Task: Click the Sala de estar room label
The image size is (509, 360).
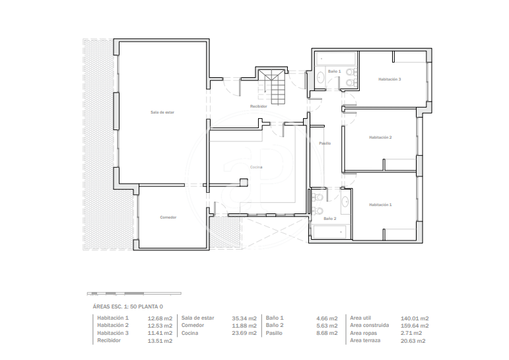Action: click(162, 112)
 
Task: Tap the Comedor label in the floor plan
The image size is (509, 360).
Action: click(168, 217)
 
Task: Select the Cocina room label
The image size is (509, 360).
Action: click(256, 167)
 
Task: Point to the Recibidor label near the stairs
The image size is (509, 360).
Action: click(259, 106)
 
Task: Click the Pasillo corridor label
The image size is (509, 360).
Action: click(325, 143)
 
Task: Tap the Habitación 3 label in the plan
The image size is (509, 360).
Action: click(390, 79)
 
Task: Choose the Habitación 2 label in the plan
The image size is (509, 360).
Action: click(380, 137)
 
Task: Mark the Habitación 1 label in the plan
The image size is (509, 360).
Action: click(380, 205)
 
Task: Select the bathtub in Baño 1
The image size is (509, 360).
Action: click(336, 59)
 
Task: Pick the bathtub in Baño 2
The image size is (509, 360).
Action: click(329, 232)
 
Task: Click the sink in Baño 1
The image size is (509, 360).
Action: click(321, 78)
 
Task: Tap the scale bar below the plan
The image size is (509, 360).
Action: click(134, 294)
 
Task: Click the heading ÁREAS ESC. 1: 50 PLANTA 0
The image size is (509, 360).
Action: click(127, 306)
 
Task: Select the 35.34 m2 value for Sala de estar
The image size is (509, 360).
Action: click(244, 318)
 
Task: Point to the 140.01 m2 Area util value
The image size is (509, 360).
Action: click(415, 318)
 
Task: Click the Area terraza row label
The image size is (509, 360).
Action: click(365, 340)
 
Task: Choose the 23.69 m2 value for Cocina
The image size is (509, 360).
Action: click(244, 333)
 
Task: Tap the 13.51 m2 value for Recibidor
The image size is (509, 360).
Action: click(160, 341)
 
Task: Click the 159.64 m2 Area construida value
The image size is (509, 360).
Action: click(415, 326)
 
